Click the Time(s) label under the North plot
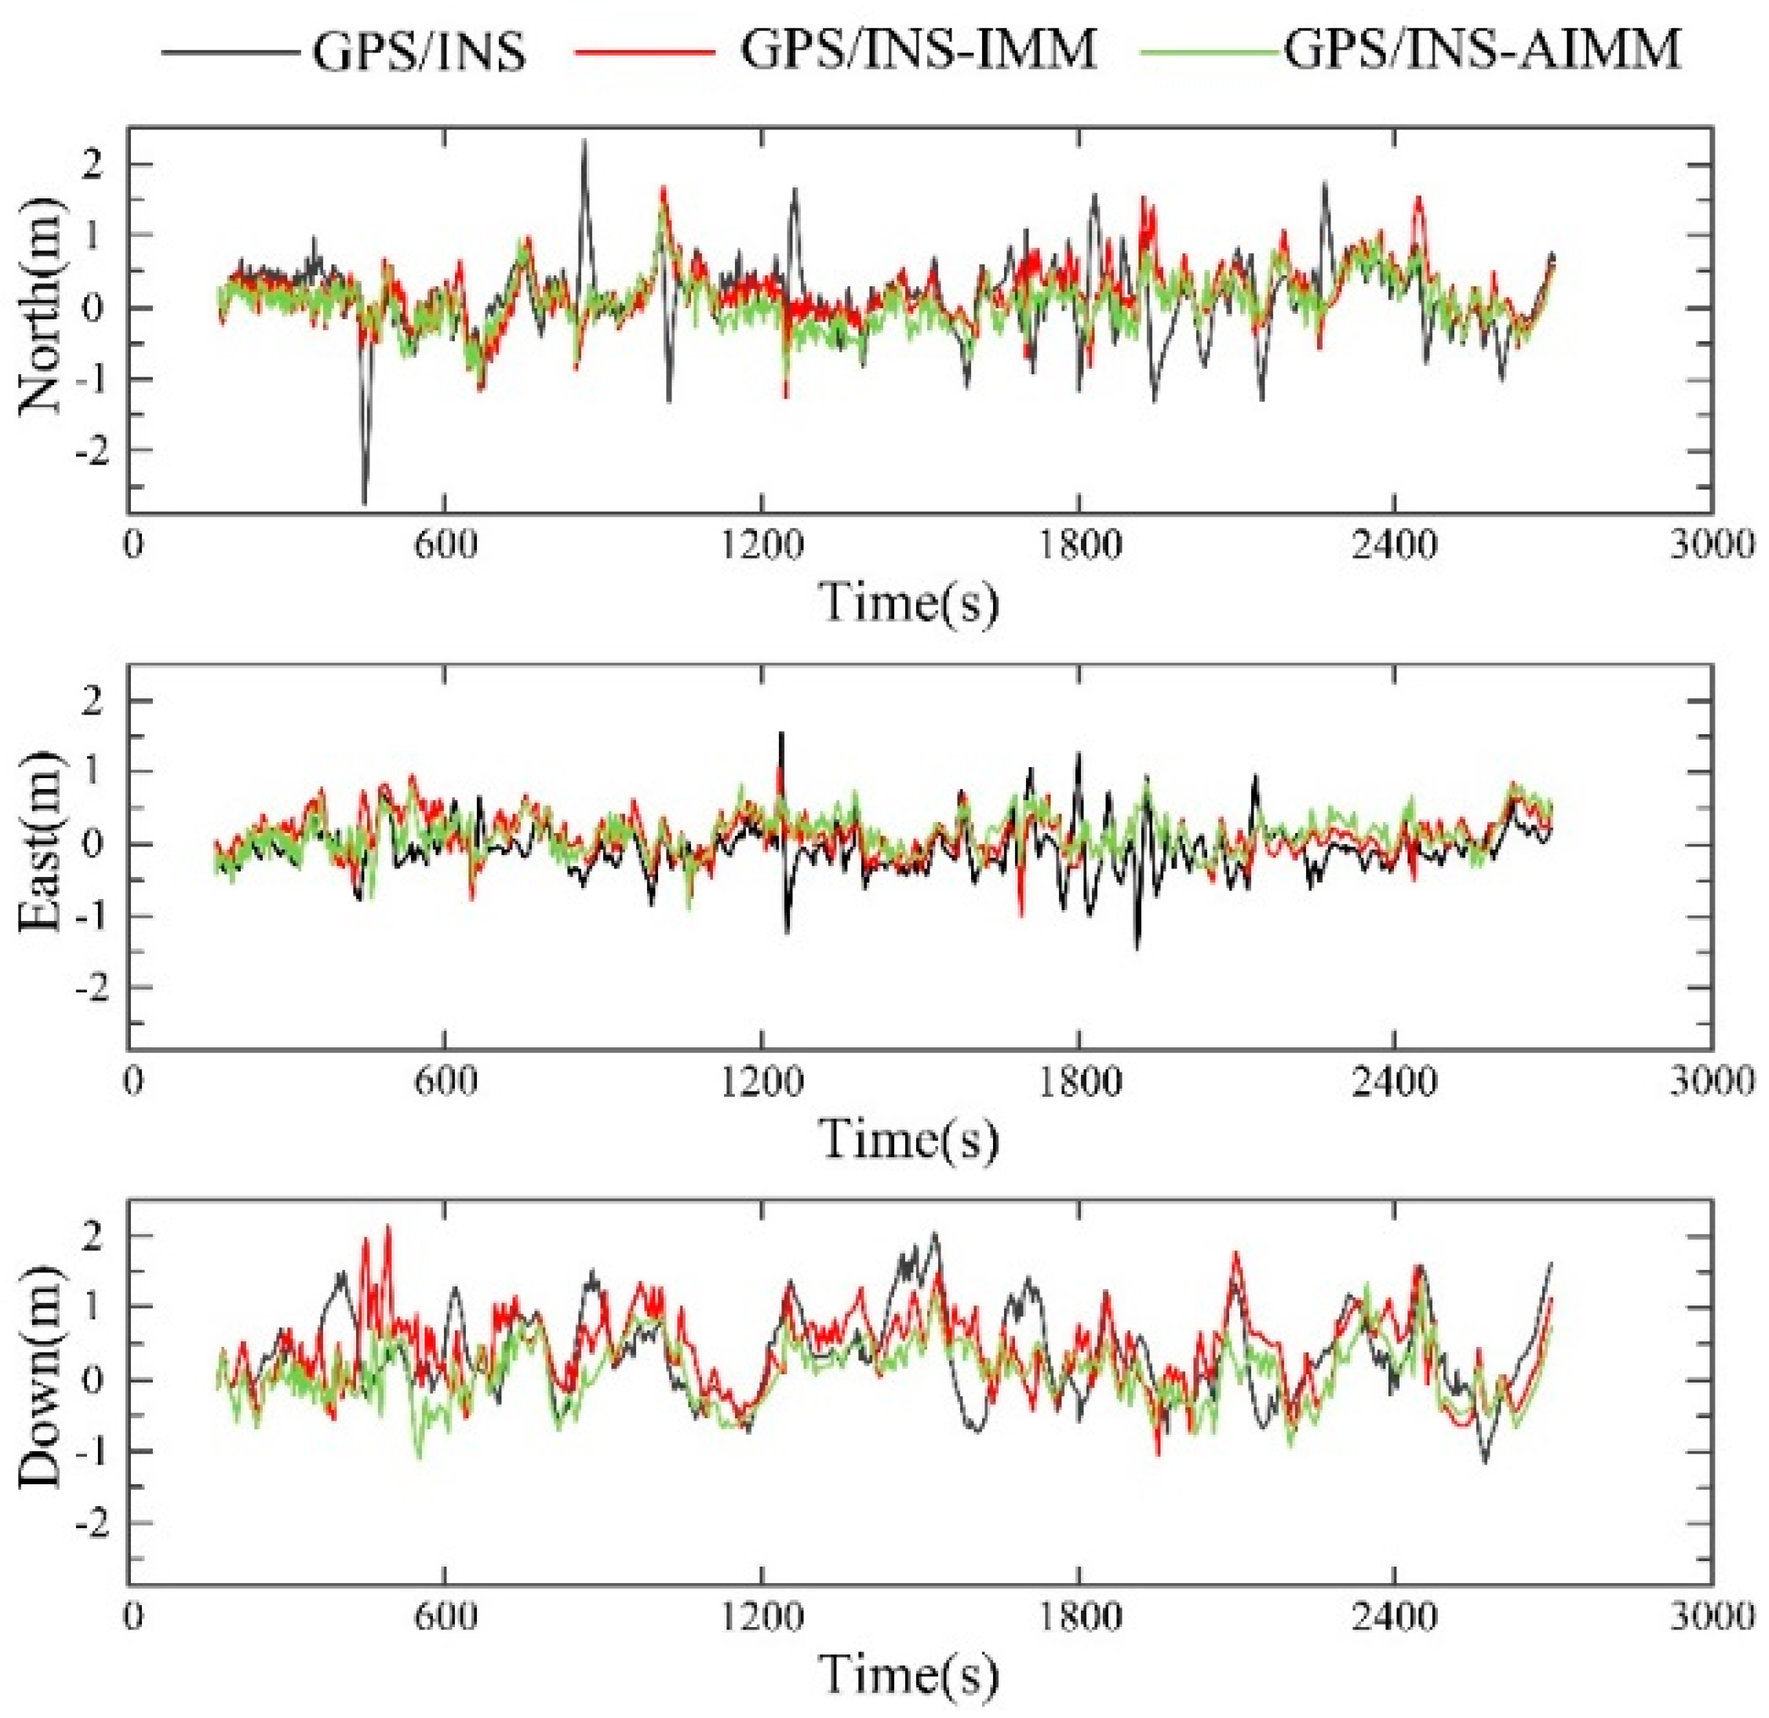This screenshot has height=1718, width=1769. (x=910, y=602)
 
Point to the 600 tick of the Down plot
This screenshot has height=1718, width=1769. (x=445, y=1616)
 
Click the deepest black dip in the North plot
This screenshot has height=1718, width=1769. (x=365, y=502)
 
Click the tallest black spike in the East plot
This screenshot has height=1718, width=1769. (x=781, y=733)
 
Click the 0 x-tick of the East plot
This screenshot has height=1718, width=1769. (x=133, y=1081)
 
